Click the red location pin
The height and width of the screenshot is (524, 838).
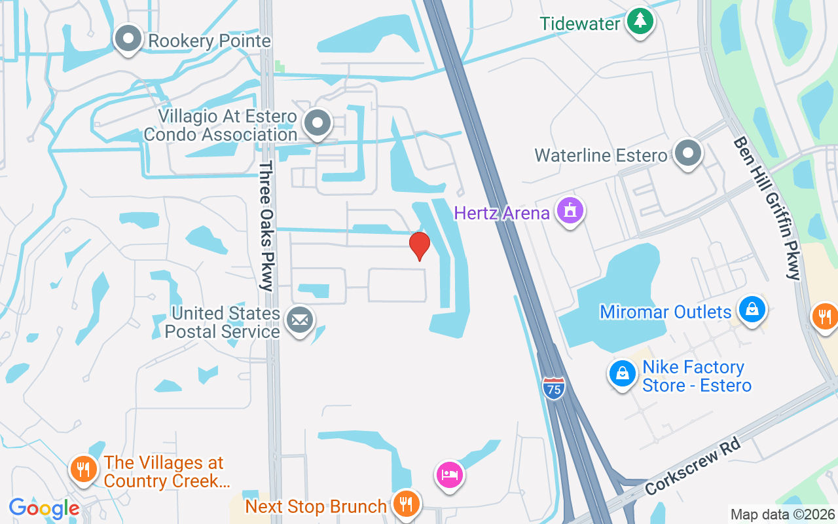[x=419, y=246]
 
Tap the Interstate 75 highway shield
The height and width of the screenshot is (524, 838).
[x=553, y=388]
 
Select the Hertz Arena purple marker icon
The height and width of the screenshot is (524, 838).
[x=570, y=211]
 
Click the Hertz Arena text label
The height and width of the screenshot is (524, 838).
[x=501, y=214]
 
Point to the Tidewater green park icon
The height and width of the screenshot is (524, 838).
[x=640, y=22]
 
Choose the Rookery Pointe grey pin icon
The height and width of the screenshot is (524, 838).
[x=128, y=39]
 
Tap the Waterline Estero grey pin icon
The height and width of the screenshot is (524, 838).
[x=687, y=154]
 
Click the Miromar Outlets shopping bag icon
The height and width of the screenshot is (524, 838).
[x=752, y=309]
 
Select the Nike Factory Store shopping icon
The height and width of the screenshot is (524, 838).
[x=622, y=374]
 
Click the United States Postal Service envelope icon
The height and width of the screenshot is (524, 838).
[x=300, y=320]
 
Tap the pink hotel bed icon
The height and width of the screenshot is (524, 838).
[x=449, y=474]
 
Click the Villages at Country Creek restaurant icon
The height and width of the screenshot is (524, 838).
[x=83, y=470]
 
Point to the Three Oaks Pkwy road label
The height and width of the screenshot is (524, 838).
[x=266, y=225]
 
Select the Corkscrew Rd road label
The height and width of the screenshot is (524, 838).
[x=693, y=466]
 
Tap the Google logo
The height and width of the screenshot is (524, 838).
[x=44, y=508]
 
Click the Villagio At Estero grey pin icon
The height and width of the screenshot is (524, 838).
[x=318, y=122]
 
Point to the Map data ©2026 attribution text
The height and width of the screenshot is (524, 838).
[x=783, y=514]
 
